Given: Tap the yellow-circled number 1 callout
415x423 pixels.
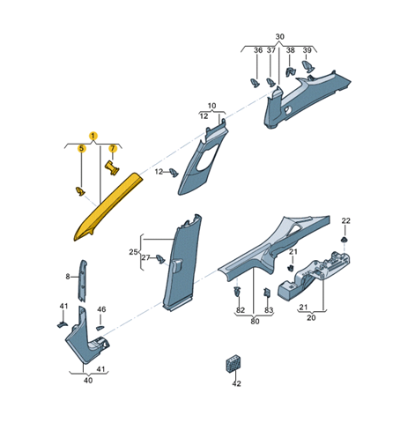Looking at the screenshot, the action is tap(93, 136).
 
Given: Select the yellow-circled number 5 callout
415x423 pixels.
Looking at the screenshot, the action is tap(82, 149).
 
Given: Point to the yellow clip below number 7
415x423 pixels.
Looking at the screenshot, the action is tap(112, 168).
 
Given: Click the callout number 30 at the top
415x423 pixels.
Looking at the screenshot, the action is tap(280, 37).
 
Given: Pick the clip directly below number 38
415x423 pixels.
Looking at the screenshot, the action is tap(291, 71).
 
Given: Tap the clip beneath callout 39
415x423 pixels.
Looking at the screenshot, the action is tap(308, 67).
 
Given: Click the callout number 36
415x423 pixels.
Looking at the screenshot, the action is tap(258, 50).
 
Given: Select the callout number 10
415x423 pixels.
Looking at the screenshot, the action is tap(211, 106).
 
